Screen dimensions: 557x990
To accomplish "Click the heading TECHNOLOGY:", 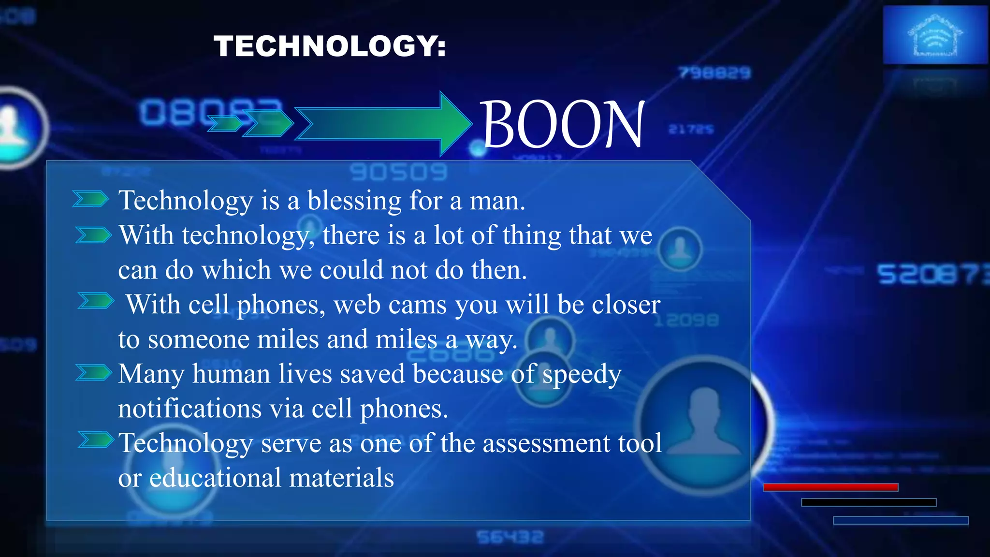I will [330, 46].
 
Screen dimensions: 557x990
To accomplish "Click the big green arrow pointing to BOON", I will [382, 124].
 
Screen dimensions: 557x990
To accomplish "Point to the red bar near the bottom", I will [830, 487].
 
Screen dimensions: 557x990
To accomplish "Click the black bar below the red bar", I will [868, 502].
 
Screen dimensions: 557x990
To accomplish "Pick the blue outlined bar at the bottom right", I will [900, 520].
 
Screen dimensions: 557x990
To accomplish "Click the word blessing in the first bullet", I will [354, 200].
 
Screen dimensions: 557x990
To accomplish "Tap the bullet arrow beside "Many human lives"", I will [94, 373].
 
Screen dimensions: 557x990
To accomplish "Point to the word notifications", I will [189, 409].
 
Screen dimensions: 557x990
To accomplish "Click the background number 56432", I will [510, 537].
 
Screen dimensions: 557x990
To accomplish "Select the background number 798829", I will [714, 73].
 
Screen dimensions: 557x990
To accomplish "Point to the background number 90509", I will [398, 172].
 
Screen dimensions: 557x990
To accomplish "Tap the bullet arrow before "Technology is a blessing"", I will [90, 199].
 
